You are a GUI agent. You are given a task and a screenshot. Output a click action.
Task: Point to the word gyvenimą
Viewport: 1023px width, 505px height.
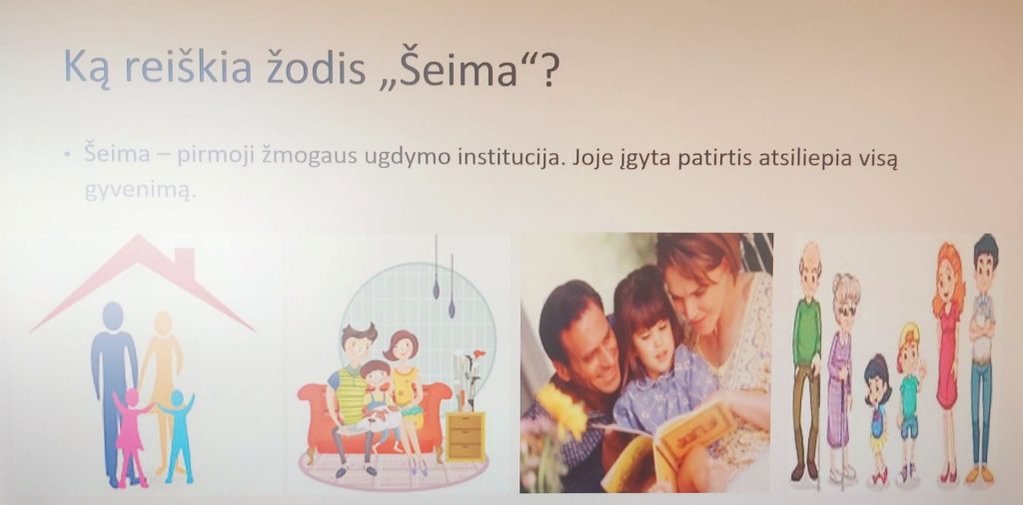click(140, 191)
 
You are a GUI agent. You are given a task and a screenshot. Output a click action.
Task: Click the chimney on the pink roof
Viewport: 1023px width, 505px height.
click(184, 262)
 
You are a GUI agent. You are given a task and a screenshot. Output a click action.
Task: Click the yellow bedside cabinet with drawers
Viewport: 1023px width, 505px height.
click(466, 436)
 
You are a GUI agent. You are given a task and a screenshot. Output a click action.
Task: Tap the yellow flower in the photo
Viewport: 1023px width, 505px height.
click(563, 409)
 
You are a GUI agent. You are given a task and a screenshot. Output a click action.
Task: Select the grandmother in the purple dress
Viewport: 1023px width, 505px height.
click(841, 377)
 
